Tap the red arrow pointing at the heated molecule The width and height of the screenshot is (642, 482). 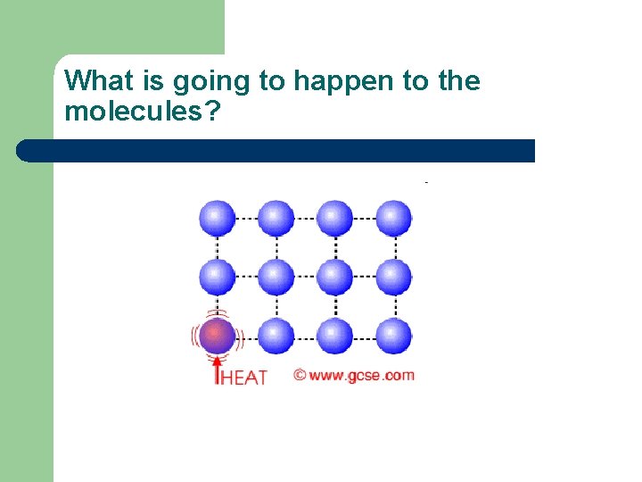pyautogui.click(x=217, y=369)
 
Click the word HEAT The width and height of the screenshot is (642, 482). pyautogui.click(x=243, y=378)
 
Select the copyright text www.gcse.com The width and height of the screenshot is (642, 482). pyautogui.click(x=355, y=375)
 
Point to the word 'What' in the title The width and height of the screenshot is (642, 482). pyautogui.click(x=99, y=81)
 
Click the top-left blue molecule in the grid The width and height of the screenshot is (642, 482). pyautogui.click(x=217, y=218)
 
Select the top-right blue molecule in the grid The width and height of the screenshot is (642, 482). pyautogui.click(x=393, y=218)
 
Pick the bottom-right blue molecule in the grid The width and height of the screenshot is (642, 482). pyautogui.click(x=393, y=337)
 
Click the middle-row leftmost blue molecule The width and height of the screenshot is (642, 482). pyautogui.click(x=217, y=277)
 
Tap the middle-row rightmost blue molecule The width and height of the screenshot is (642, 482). pyautogui.click(x=393, y=277)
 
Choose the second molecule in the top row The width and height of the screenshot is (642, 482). pyautogui.click(x=276, y=218)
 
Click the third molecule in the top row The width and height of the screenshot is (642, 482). pyautogui.click(x=334, y=218)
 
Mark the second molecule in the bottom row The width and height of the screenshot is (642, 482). pyautogui.click(x=276, y=337)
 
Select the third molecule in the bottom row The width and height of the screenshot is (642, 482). pyautogui.click(x=334, y=337)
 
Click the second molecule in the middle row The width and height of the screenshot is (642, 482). pyautogui.click(x=276, y=277)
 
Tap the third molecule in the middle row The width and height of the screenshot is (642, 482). pyautogui.click(x=334, y=277)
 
